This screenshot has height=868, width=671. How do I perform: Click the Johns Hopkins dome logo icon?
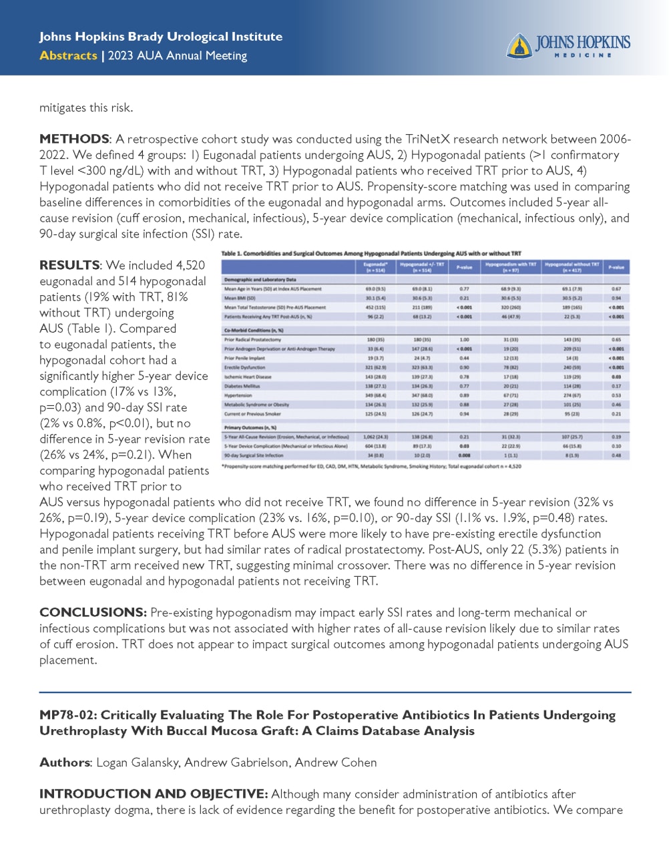pyautogui.click(x=519, y=45)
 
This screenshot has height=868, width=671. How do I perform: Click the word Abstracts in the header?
pyautogui.click(x=68, y=55)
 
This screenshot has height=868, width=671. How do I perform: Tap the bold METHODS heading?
pyautogui.click(x=74, y=139)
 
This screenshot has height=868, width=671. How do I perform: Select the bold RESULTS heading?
pyautogui.click(x=69, y=265)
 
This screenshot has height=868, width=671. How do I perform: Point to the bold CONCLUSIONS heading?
pyautogui.click(x=93, y=612)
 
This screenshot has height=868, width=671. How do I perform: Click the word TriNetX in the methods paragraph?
pyautogui.click(x=429, y=139)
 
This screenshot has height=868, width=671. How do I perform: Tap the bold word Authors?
pyautogui.click(x=64, y=763)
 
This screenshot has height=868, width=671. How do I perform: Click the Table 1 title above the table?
pyautogui.click(x=371, y=254)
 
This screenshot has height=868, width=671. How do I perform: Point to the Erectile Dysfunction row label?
pyautogui.click(x=245, y=367)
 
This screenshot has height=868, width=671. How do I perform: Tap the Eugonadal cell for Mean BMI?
pyautogui.click(x=376, y=298)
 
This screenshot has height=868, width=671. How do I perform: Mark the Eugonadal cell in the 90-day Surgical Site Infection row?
pyautogui.click(x=376, y=455)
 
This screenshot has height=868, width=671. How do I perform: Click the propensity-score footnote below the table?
pyautogui.click(x=371, y=466)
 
